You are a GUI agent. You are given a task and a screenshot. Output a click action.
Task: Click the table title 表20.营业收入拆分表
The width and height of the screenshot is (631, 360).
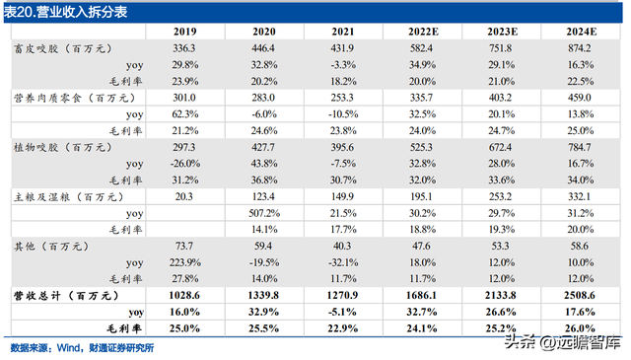click(66, 12)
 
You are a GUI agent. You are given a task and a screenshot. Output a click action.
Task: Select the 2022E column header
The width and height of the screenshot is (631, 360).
click(423, 32)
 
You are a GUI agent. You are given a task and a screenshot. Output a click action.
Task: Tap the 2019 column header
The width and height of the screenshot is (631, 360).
click(185, 32)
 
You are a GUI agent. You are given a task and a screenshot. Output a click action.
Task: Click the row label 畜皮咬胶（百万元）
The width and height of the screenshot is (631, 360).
click(63, 48)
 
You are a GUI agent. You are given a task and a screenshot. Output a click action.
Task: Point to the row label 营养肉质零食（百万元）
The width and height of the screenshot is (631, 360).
click(75, 98)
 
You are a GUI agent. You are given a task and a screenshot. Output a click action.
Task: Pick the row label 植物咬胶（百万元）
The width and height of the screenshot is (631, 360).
click(63, 147)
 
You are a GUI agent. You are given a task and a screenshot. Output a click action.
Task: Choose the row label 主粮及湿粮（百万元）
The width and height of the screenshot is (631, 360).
click(69, 197)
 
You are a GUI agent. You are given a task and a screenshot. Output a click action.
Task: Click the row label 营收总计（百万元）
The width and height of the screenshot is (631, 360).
click(66, 296)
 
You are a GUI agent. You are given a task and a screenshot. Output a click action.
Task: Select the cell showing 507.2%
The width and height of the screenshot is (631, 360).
click(264, 213)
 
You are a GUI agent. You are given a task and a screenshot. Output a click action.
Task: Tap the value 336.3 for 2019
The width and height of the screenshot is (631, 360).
click(184, 48)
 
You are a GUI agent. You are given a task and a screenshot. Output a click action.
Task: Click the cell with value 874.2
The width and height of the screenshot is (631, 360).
click(580, 48)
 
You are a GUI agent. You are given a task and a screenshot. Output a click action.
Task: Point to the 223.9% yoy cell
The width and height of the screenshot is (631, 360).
click(184, 262)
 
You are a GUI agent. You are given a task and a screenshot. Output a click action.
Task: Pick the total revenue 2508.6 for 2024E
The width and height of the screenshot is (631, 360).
click(580, 296)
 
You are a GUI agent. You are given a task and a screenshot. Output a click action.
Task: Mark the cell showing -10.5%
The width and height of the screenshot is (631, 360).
click(343, 114)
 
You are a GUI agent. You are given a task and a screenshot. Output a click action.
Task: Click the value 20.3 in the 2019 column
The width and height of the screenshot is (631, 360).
click(184, 197)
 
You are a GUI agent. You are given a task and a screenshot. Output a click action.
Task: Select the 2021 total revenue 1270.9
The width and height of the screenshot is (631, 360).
click(342, 296)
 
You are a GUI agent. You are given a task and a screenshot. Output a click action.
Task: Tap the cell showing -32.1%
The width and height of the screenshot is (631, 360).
click(343, 262)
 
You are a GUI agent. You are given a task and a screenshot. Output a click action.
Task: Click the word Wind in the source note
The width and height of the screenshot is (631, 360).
click(69, 348)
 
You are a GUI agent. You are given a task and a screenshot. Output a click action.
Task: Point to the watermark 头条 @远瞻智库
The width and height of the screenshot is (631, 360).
click(563, 342)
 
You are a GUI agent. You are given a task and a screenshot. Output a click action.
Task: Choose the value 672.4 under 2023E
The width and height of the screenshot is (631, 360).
click(500, 147)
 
